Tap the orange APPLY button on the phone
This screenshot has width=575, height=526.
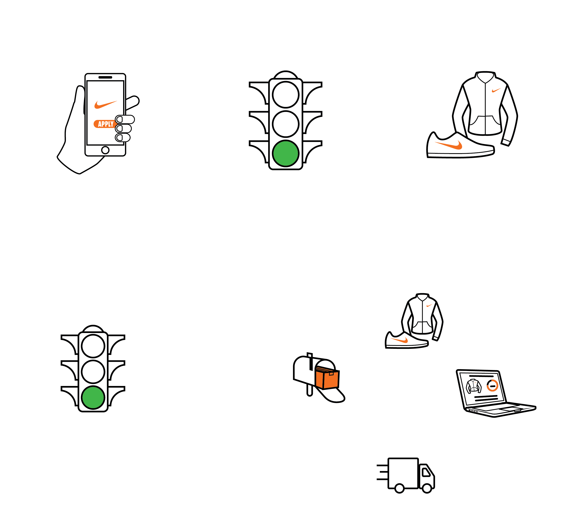(105, 124)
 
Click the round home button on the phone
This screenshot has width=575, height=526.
(105, 150)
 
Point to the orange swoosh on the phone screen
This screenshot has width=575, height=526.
(106, 105)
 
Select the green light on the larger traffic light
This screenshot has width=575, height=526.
(286, 153)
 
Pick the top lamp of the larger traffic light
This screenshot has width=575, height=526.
(286, 95)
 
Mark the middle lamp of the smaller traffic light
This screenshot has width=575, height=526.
(93, 372)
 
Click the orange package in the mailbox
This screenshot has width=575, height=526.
(327, 378)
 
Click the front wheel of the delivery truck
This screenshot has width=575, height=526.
(427, 488)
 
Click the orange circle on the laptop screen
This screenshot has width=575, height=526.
(492, 385)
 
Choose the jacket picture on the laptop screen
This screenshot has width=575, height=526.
(474, 386)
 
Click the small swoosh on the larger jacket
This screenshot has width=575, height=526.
(496, 90)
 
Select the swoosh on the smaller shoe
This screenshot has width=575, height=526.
(399, 340)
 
